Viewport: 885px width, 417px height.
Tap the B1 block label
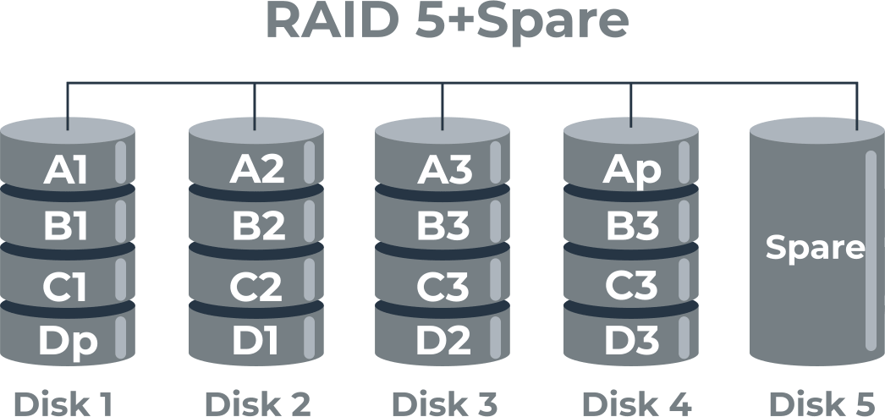point(66,228)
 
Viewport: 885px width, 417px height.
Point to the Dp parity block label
point(68,341)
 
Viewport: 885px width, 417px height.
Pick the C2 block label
point(256,287)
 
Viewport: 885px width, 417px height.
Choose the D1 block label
point(256,341)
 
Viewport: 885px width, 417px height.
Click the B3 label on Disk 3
point(443,228)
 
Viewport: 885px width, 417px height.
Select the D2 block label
point(443,341)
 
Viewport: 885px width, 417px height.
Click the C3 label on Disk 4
point(632,287)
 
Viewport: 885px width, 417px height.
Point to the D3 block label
point(632,341)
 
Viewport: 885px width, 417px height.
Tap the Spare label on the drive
point(815,248)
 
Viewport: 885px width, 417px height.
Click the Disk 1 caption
point(63,403)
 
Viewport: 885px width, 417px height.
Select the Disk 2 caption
point(257,403)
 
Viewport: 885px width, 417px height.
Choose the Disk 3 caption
point(444,403)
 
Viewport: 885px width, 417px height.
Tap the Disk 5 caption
point(825,403)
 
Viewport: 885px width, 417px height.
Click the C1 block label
point(66,287)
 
